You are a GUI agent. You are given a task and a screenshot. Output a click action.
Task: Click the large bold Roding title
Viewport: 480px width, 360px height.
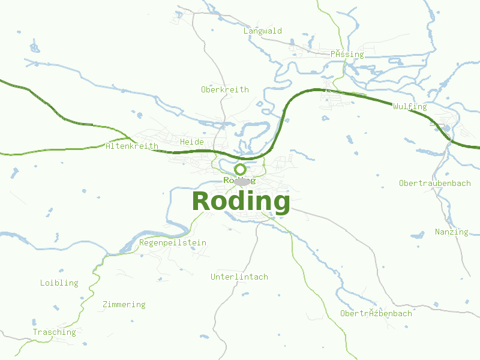point(241,201)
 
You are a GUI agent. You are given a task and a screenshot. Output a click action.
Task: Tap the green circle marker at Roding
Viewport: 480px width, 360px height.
point(240,169)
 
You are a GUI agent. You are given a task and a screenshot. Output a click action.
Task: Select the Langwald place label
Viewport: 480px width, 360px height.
point(263,31)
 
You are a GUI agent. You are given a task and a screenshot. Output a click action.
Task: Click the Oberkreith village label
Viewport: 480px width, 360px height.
point(224,89)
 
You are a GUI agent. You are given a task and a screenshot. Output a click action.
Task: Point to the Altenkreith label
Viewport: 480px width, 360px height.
point(132,146)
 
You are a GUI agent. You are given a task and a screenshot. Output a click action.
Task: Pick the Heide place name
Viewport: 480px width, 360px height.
point(192,142)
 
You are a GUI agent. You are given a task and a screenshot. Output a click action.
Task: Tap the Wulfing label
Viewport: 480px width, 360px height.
point(410,107)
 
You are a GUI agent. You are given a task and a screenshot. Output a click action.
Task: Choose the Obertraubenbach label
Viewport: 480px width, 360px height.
point(435,183)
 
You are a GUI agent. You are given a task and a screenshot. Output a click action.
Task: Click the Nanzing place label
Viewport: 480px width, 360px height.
point(451,232)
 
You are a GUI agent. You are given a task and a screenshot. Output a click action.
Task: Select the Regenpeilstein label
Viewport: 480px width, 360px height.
point(173,242)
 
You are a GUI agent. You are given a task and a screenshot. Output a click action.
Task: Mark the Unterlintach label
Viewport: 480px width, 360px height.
point(239,277)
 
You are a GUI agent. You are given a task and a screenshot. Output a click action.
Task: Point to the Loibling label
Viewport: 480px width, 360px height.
point(59,283)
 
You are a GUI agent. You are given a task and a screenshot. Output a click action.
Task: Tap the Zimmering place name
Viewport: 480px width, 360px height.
point(124,304)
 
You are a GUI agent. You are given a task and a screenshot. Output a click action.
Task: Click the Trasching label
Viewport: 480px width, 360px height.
point(55,332)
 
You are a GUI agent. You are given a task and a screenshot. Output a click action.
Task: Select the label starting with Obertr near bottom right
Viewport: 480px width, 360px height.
point(376,313)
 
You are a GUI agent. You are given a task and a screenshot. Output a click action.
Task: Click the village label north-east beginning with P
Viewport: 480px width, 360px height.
point(347,54)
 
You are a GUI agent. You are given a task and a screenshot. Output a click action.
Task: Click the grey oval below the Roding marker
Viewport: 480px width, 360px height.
point(242,181)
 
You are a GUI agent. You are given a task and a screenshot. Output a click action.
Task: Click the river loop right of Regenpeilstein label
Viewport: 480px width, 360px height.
point(174,229)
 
